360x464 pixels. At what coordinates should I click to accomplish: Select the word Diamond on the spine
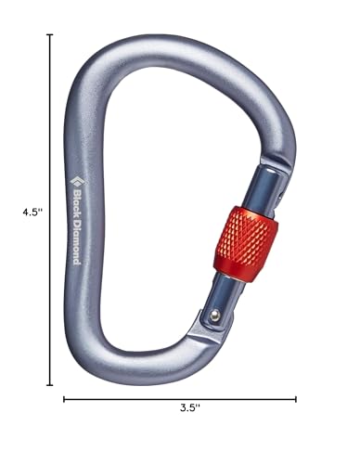[x=75, y=240]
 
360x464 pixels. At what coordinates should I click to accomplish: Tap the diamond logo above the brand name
[x=75, y=170]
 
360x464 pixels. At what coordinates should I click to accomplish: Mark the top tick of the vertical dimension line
[x=51, y=35]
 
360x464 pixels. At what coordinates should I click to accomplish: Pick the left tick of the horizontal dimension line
[x=64, y=400]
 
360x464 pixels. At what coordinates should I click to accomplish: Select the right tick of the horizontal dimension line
[x=296, y=400]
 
